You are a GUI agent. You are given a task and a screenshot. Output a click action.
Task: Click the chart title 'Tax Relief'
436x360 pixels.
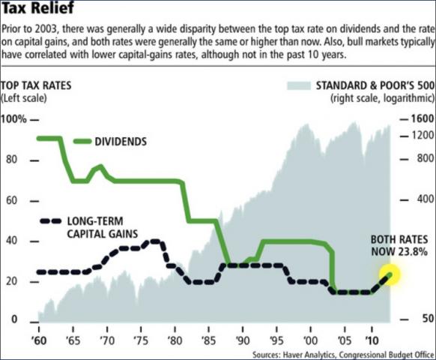(x=37, y=10)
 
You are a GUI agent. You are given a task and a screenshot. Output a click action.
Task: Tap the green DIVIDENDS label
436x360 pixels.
(x=121, y=141)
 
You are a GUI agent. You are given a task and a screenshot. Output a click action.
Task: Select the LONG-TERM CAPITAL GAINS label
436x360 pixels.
(x=102, y=227)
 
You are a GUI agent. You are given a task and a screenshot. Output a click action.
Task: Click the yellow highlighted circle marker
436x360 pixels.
(x=390, y=275)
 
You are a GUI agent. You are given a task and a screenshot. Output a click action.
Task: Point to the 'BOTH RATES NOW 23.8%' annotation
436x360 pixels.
(x=399, y=246)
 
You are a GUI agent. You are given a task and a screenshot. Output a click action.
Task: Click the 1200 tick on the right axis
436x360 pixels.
(x=420, y=136)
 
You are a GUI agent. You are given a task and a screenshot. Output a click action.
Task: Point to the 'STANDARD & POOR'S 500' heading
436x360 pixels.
(x=372, y=86)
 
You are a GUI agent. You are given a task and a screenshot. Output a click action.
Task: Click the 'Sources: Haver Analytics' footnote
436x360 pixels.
(x=340, y=353)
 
